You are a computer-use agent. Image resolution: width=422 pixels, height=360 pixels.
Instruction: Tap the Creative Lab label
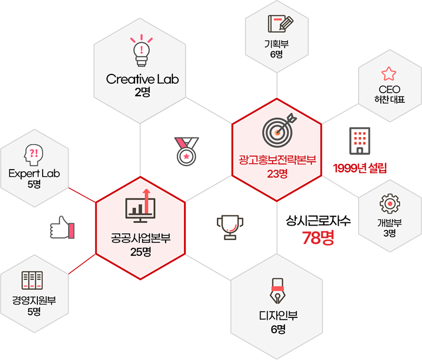[142, 80]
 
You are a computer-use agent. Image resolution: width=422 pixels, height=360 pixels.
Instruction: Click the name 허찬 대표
[389, 99]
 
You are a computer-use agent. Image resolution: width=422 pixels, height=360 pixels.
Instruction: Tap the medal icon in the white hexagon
[186, 149]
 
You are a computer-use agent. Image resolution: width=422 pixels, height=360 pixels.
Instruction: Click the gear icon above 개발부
[390, 203]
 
